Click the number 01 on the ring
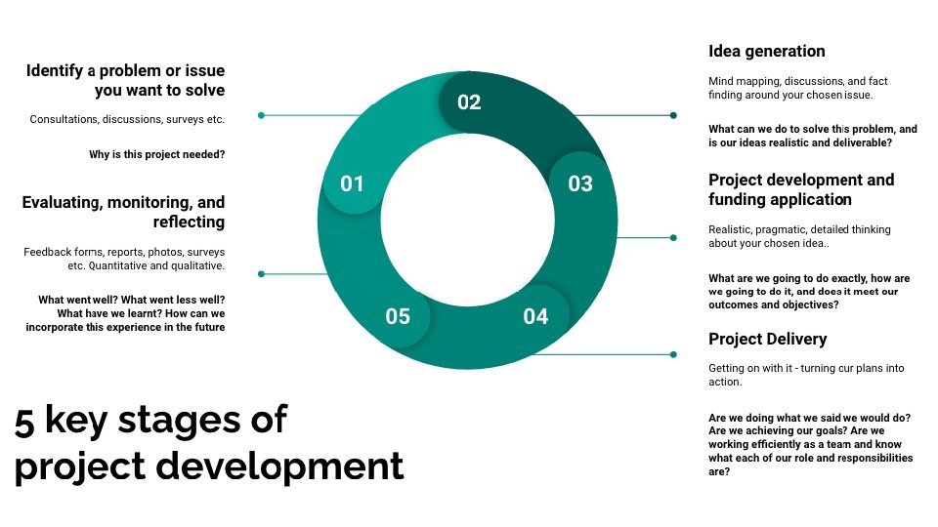[352, 183]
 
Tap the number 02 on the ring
[469, 101]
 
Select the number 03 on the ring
[580, 183]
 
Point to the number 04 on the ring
[535, 316]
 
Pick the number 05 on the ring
[398, 316]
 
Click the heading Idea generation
[766, 51]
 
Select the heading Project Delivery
[767, 339]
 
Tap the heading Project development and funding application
[800, 189]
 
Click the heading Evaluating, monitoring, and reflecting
[123, 212]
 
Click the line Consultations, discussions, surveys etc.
[127, 119]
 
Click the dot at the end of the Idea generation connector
[673, 115]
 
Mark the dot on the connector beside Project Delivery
[673, 354]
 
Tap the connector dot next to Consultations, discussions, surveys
[261, 115]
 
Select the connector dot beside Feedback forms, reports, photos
[261, 273]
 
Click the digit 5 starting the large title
[24, 420]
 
